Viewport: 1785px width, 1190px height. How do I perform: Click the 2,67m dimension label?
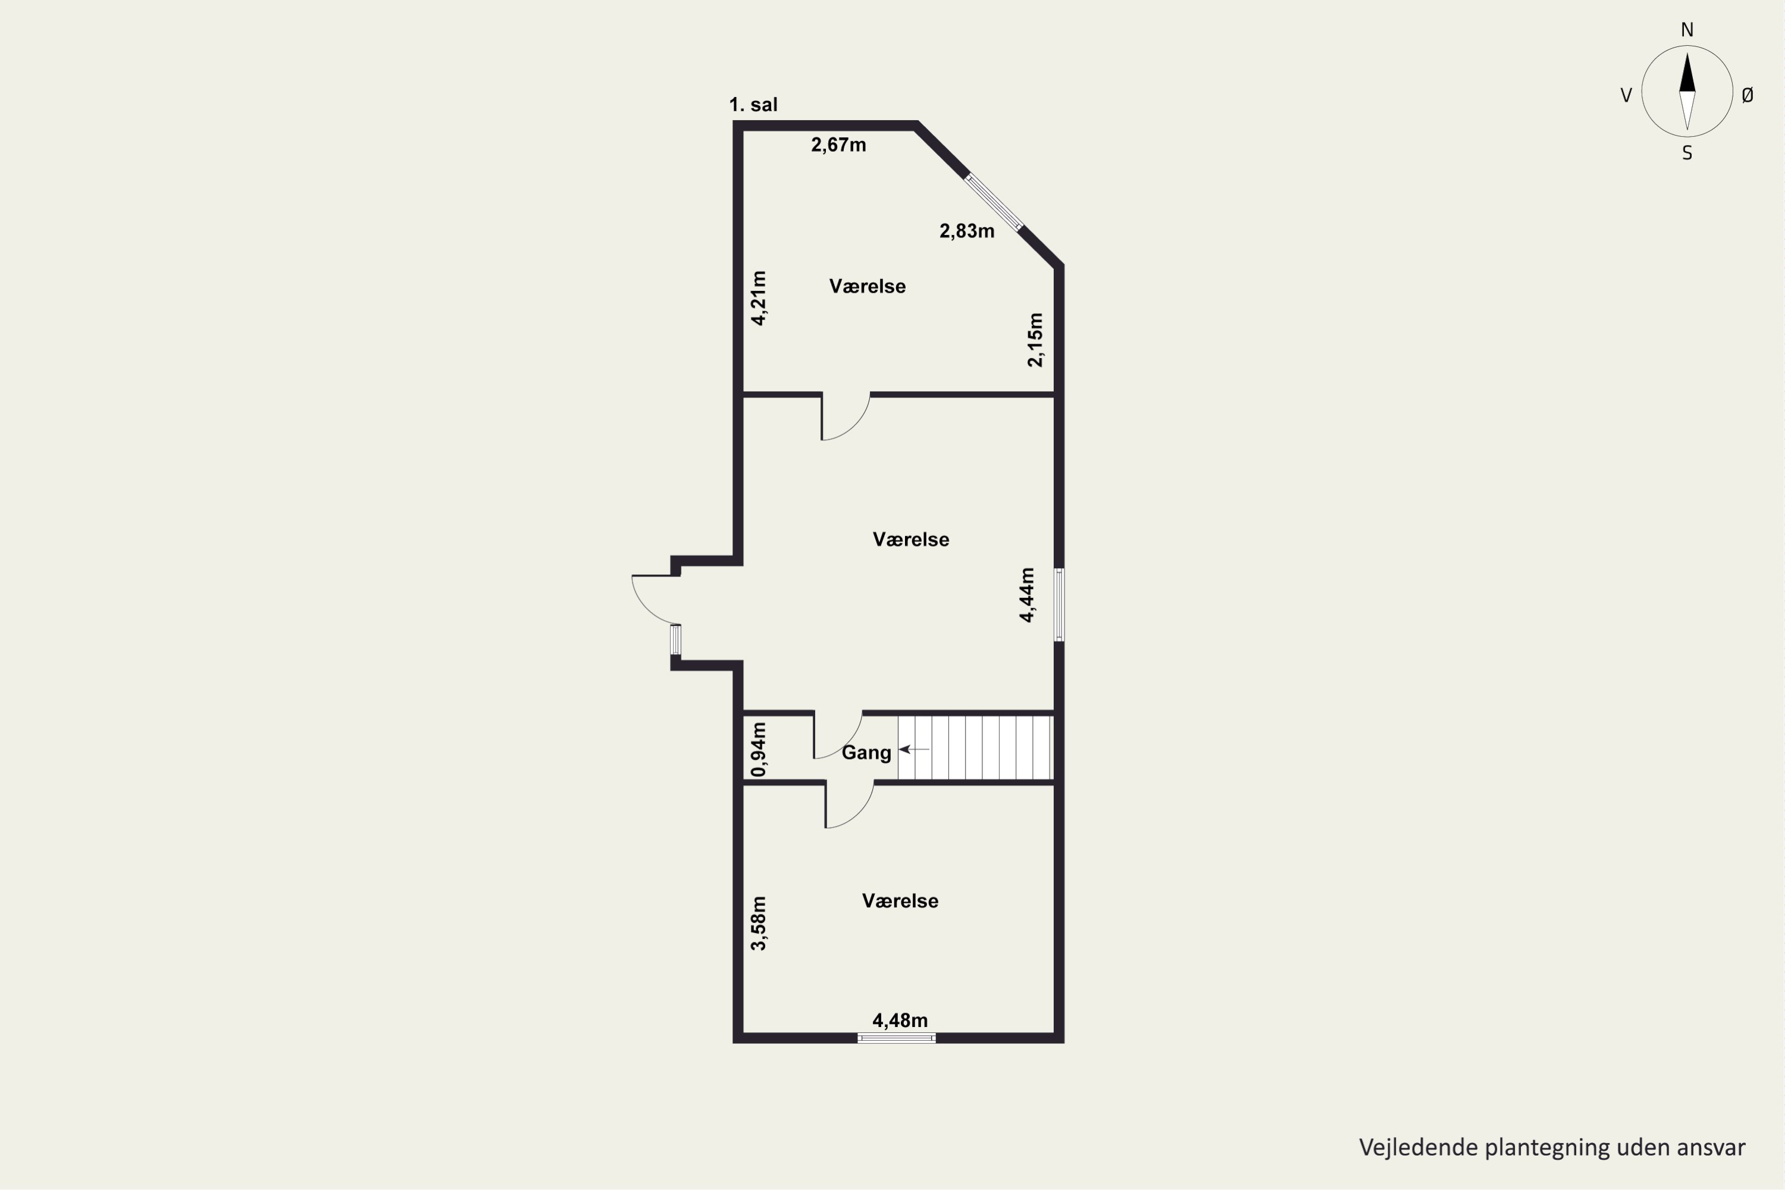point(838,145)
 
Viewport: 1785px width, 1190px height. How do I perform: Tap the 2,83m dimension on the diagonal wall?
point(967,231)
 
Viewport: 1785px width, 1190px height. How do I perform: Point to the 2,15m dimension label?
point(1035,340)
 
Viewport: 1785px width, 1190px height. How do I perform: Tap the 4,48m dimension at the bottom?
point(900,1021)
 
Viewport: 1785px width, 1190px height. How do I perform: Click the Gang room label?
point(867,753)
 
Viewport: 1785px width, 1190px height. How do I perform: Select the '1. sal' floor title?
point(754,105)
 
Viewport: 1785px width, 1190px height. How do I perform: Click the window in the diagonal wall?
point(994,202)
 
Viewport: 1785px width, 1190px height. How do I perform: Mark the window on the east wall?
point(1060,605)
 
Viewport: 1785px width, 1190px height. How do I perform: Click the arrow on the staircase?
point(914,750)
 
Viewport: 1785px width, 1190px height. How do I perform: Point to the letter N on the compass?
point(1687,30)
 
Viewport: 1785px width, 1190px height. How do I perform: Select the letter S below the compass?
point(1687,154)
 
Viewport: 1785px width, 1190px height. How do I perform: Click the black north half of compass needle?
point(1687,74)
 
